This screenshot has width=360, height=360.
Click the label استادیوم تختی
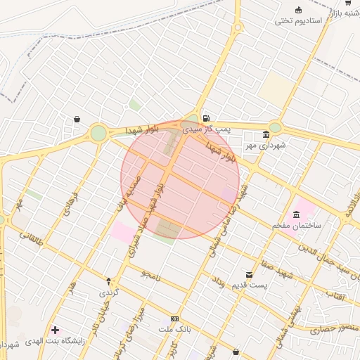point(299,20)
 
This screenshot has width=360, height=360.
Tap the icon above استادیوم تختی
point(299,10)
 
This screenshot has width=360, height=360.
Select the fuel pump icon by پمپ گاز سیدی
point(205,118)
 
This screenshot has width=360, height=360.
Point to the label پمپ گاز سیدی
point(206,129)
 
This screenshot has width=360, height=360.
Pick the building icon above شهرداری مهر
point(266,135)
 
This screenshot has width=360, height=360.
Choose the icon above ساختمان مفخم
point(297,214)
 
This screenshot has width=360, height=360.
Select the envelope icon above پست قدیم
point(249,274)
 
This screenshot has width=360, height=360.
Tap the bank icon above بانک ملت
point(174,319)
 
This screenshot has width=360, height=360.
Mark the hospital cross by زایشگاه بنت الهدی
point(55,329)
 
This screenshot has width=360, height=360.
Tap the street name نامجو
point(150,274)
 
